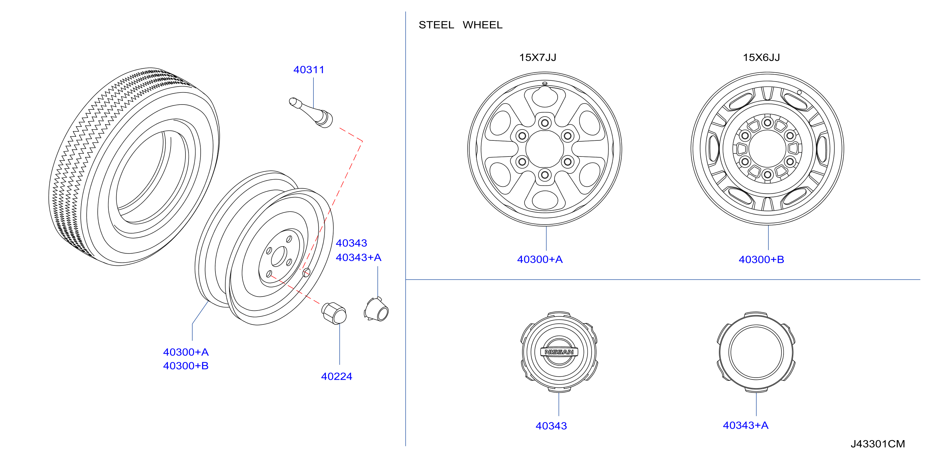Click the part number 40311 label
tap(309, 70)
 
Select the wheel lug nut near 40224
tap(334, 313)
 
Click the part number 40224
tap(336, 376)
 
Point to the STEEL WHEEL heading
tap(460, 25)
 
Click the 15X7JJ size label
tap(538, 58)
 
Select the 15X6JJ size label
tap(761, 58)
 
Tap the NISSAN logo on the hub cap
tap(559, 352)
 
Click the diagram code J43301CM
tap(878, 444)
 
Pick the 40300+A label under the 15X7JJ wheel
tap(540, 260)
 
